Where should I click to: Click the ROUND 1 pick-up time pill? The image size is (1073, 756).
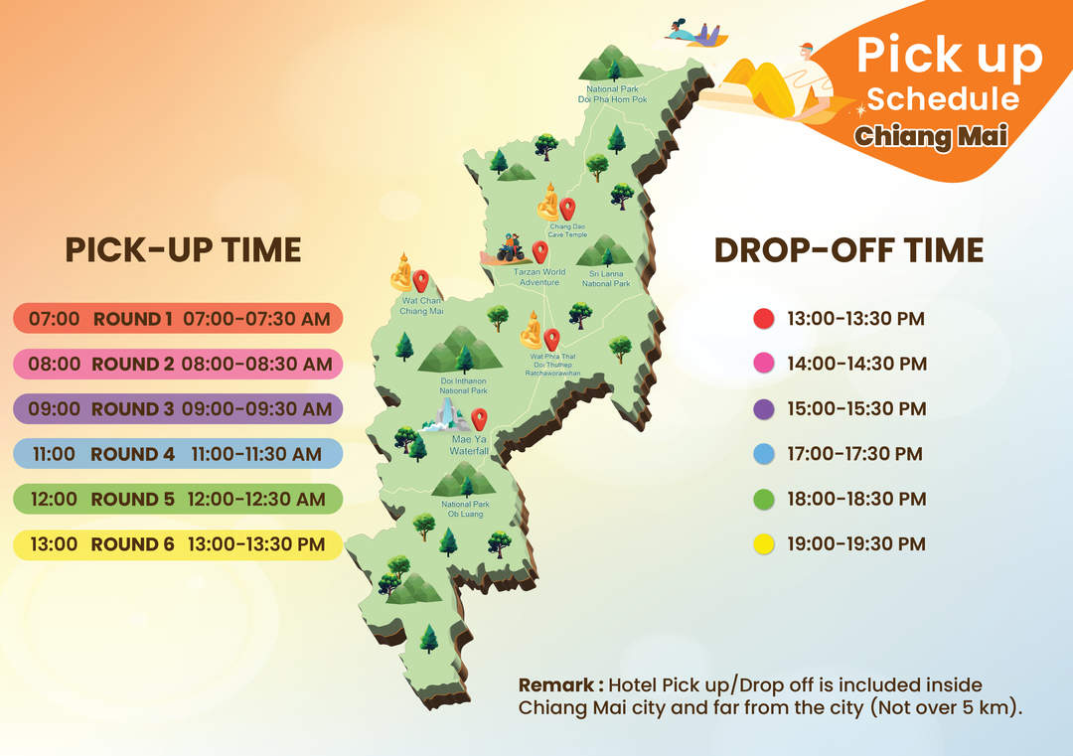pos(178,318)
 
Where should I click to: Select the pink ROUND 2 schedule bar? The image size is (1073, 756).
pos(178,364)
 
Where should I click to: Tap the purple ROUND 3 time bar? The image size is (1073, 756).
pos(178,408)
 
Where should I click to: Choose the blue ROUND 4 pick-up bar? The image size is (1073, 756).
pos(178,454)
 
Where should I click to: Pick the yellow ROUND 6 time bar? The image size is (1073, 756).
pos(178,544)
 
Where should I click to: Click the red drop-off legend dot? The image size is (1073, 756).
pos(764,319)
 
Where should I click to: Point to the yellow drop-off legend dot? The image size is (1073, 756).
pos(764,544)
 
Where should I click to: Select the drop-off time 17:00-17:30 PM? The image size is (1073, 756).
pos(854,454)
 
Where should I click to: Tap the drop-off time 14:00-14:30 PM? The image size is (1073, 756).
pos(856,364)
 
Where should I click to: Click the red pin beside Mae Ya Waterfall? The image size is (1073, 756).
pos(479,418)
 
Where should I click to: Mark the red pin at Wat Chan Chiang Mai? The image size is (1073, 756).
pos(421,280)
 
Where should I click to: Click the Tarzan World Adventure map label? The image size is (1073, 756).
pos(539,277)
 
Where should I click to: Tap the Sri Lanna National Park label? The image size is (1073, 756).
pos(606,278)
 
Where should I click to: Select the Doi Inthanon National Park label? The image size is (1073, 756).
pos(464,385)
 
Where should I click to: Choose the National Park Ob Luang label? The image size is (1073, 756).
pos(465,509)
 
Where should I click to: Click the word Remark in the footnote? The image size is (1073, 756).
pos(556,684)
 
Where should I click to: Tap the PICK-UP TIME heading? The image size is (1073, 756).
pos(184,250)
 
